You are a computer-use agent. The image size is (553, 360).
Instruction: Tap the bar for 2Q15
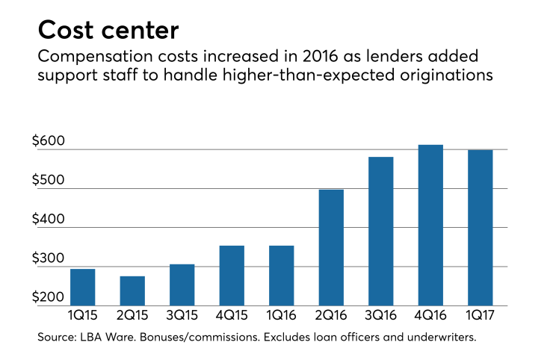tap(132, 291)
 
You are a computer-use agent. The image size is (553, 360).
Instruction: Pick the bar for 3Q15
tap(182, 285)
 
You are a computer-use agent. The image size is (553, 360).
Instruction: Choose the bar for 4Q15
tap(232, 275)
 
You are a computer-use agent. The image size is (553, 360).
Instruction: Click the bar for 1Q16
tap(281, 275)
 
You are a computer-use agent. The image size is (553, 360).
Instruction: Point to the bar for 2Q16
tap(331, 247)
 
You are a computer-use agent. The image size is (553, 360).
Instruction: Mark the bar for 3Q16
tap(380, 231)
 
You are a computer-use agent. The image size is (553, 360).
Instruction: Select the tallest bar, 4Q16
tap(430, 225)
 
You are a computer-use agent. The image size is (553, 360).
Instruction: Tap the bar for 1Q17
tap(480, 227)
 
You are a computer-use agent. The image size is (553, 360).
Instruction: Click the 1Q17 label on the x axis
tap(480, 317)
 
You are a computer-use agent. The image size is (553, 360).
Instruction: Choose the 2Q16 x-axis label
tap(331, 317)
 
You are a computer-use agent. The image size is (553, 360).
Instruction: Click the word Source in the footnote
tap(56, 338)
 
